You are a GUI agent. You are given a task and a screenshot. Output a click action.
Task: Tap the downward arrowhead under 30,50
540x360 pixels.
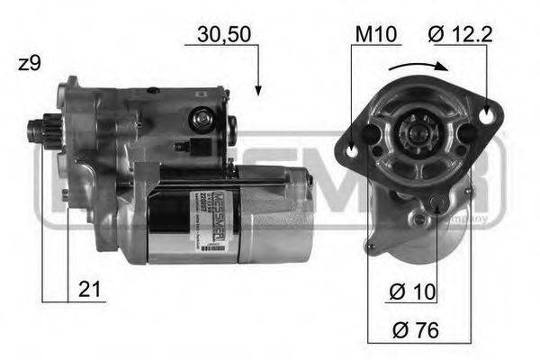click(257, 89)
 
